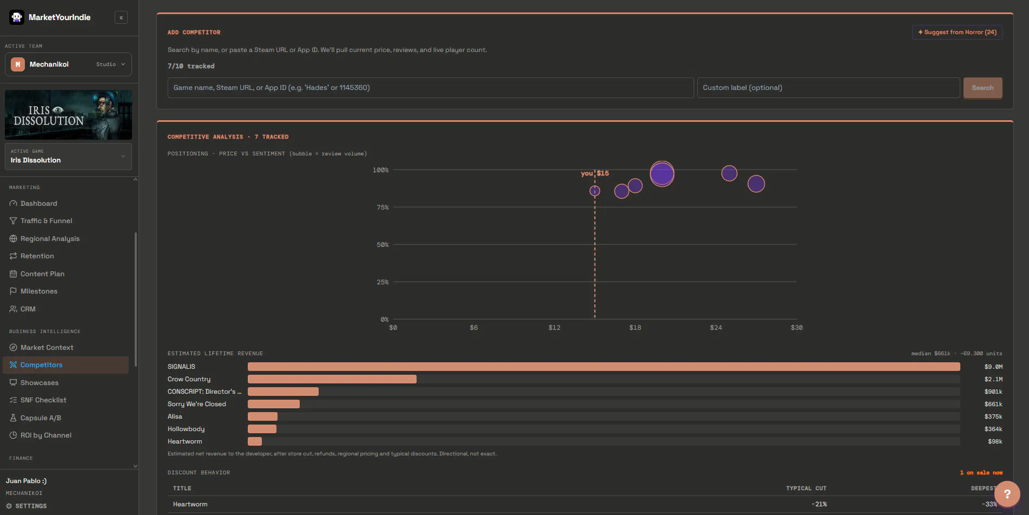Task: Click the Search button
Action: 982,88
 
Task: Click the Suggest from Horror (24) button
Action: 957,32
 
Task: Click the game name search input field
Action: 431,88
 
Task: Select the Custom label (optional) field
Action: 828,88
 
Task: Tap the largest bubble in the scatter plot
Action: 662,174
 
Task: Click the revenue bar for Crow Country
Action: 332,379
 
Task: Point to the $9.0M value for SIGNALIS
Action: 993,367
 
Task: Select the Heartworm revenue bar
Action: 255,441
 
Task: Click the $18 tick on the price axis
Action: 635,328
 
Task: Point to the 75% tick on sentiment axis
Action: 382,207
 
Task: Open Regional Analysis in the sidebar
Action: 50,239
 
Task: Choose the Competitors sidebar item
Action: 42,365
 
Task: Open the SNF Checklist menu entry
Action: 43,400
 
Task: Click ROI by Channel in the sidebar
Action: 46,435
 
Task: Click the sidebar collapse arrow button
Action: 121,17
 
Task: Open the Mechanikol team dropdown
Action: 68,64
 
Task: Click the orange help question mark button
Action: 1007,494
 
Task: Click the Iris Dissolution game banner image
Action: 68,115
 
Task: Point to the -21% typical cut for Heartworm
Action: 819,504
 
